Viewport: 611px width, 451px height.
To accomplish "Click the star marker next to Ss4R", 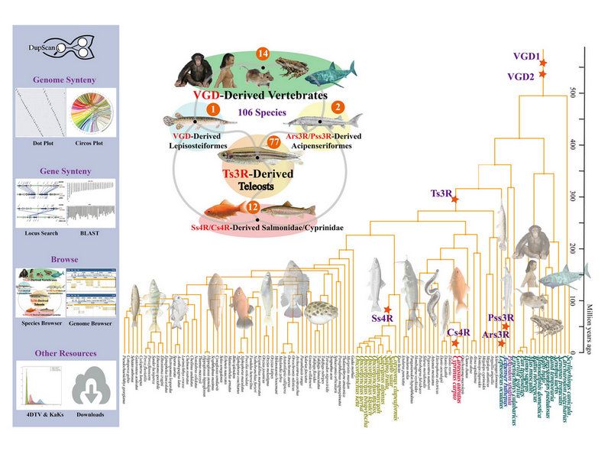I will click(x=388, y=310).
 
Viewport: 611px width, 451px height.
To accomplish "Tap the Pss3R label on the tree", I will click(x=500, y=316).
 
